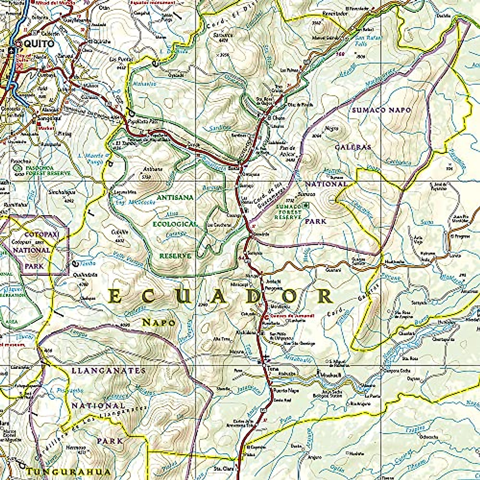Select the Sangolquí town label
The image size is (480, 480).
click(46, 118)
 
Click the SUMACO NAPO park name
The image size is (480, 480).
click(381, 110)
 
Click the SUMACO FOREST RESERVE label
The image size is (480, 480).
click(288, 211)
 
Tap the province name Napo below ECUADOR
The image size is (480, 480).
click(158, 322)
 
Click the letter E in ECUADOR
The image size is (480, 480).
click(114, 297)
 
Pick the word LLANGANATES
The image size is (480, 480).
click(108, 371)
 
